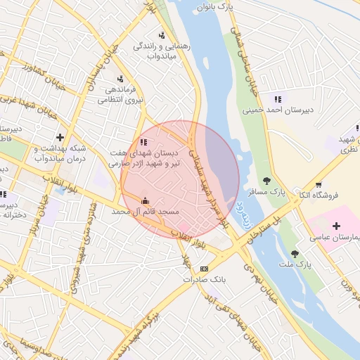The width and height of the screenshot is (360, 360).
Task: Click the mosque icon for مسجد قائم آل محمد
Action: (x=146, y=200)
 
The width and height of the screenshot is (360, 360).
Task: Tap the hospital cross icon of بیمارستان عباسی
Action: (x=336, y=226)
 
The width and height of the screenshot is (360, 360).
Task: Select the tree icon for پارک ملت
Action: (x=295, y=253)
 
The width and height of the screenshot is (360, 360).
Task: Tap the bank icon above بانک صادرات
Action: (x=205, y=268)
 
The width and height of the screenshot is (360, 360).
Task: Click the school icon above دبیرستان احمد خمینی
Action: (x=278, y=99)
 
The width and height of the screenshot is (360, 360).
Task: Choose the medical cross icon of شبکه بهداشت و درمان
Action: (x=60, y=136)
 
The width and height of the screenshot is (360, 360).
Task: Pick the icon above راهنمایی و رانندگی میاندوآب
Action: (x=162, y=34)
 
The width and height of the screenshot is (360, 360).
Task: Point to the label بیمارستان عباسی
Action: (x=335, y=238)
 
